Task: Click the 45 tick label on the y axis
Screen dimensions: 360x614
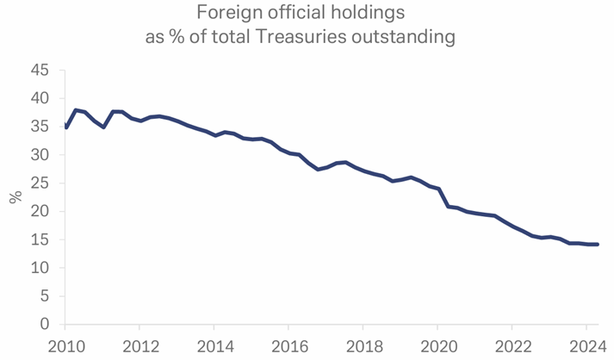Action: click(x=41, y=71)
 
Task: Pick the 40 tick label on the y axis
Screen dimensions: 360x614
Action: click(x=41, y=99)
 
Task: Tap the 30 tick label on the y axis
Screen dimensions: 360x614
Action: click(x=41, y=155)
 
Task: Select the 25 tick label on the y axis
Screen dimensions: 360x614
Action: click(x=41, y=183)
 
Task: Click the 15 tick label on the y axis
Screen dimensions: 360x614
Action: click(x=41, y=239)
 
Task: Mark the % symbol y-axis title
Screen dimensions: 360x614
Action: click(x=15, y=197)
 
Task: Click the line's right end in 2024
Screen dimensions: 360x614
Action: click(x=597, y=245)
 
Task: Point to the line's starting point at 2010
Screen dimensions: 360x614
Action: click(x=65, y=127)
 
